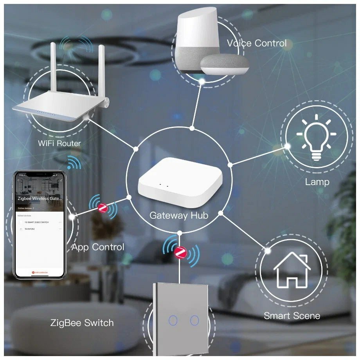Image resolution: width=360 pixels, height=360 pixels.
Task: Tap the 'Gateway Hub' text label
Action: pyautogui.click(x=179, y=215)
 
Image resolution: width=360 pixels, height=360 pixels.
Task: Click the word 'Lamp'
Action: pyautogui.click(x=317, y=182)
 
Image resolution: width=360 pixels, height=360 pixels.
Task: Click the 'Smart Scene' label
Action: pyautogui.click(x=292, y=316)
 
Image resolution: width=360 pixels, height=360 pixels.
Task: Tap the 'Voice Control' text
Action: pyautogui.click(x=257, y=43)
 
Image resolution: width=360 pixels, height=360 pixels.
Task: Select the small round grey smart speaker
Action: pyautogui.click(x=225, y=64)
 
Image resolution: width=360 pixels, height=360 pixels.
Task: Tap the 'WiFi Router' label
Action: pyautogui.click(x=59, y=143)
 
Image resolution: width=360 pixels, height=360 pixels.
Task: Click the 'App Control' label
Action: pyautogui.click(x=98, y=247)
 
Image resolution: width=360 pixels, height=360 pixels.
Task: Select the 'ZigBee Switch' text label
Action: pyautogui.click(x=82, y=323)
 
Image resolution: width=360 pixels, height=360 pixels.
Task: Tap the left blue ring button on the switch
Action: pyautogui.click(x=173, y=320)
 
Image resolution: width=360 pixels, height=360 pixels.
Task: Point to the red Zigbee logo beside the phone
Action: pyautogui.click(x=103, y=208)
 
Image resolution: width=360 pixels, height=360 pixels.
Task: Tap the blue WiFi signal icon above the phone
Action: pyautogui.click(x=74, y=162)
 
